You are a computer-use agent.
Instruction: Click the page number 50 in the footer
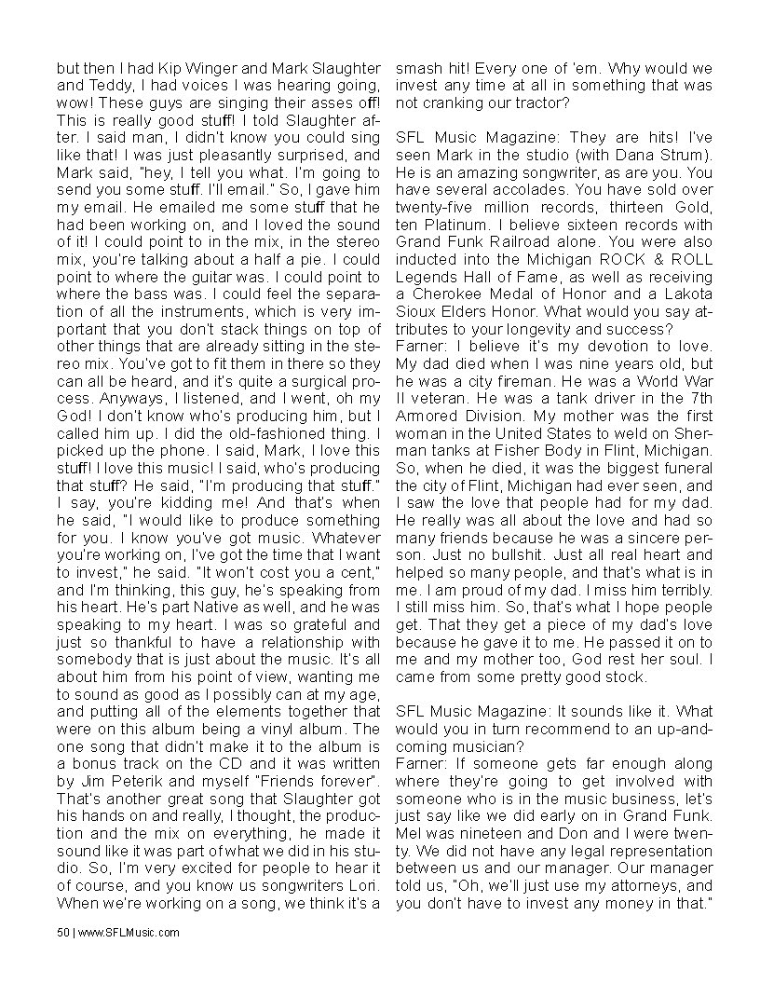pyautogui.click(x=62, y=931)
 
